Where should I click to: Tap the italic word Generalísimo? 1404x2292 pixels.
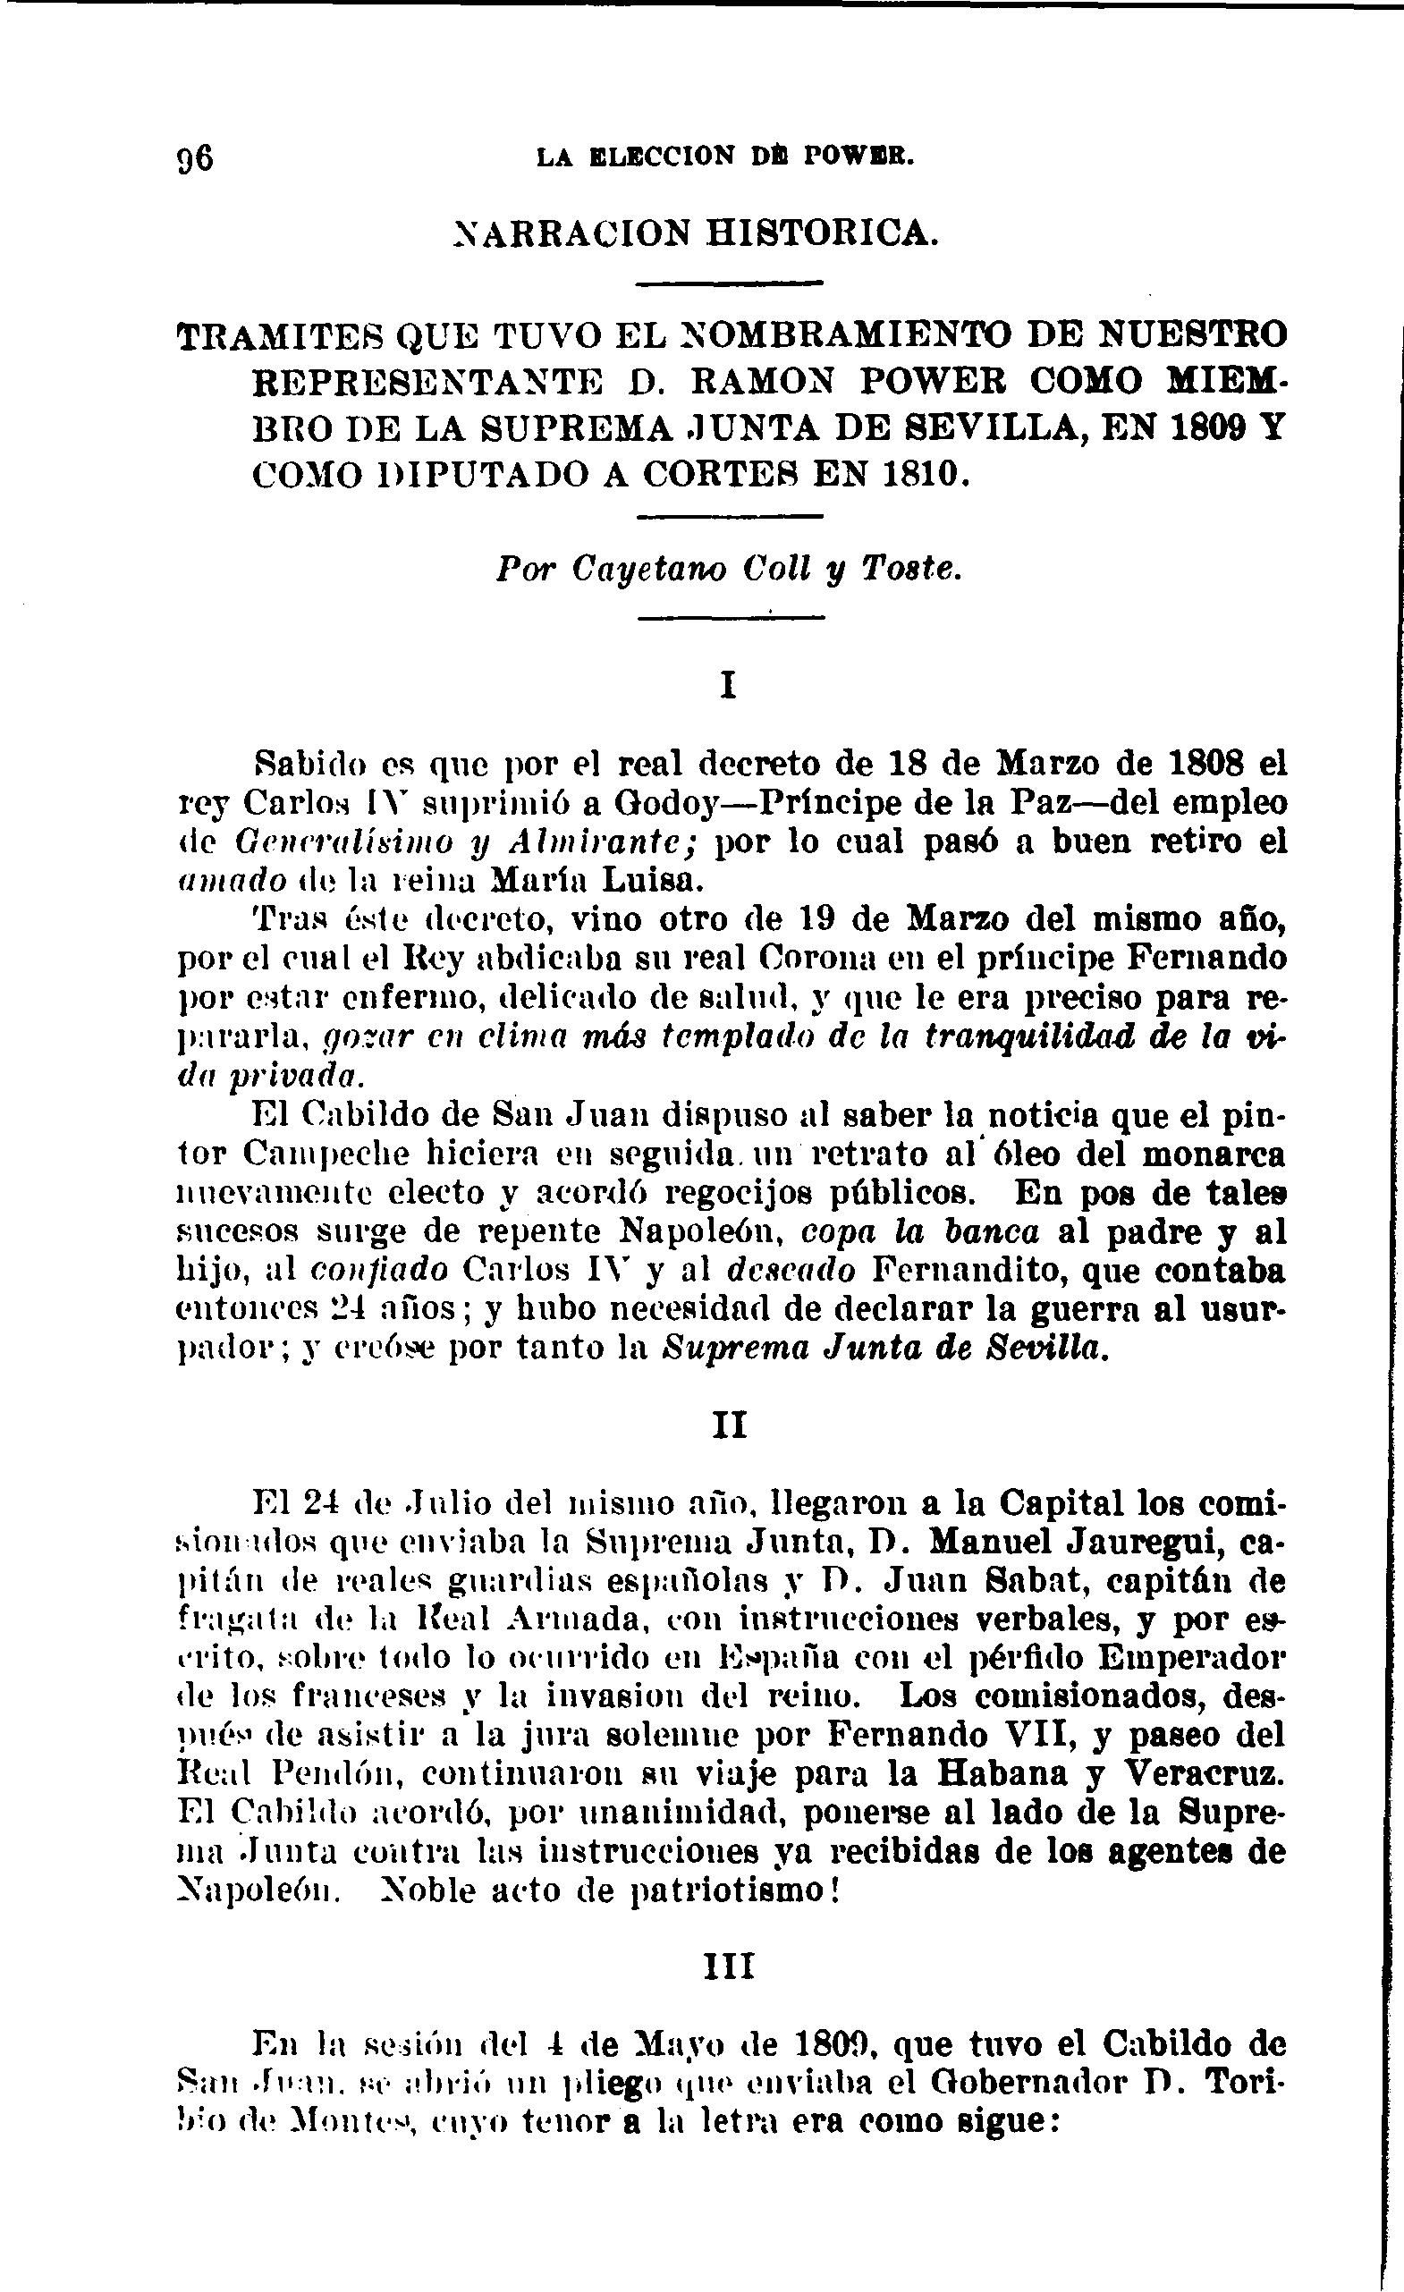(351, 842)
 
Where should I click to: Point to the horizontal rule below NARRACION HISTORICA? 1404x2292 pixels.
(731, 283)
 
